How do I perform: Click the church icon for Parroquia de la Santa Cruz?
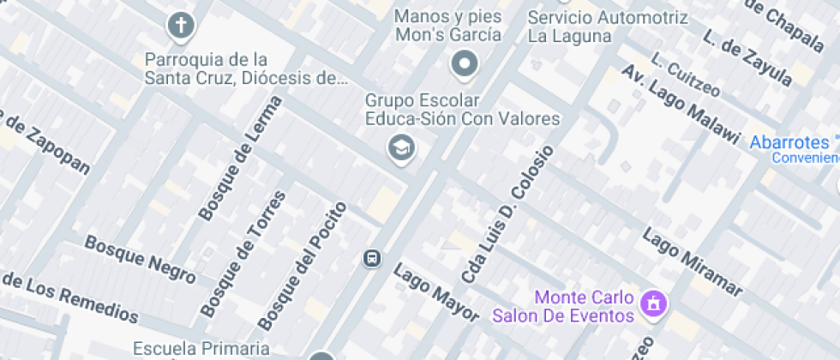tap(181, 26)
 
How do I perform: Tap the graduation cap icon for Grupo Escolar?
tap(400, 148)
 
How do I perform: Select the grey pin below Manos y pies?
tap(465, 63)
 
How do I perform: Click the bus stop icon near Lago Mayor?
tap(372, 257)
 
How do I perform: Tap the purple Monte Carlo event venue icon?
tap(654, 303)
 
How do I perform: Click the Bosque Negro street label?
tap(140, 259)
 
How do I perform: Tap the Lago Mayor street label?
tap(435, 293)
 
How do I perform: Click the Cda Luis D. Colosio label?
tap(508, 215)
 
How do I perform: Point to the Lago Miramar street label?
tap(692, 261)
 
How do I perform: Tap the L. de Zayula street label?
tap(747, 61)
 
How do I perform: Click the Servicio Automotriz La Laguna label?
tap(607, 27)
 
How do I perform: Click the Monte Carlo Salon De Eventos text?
tap(562, 307)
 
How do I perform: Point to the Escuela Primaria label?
tap(201, 348)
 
